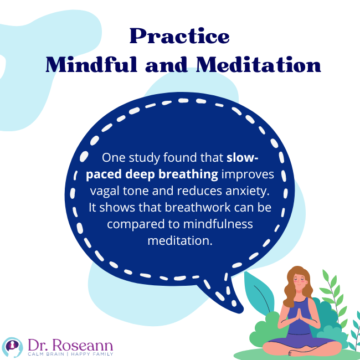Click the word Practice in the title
click(179, 37)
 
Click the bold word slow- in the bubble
click(243, 157)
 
